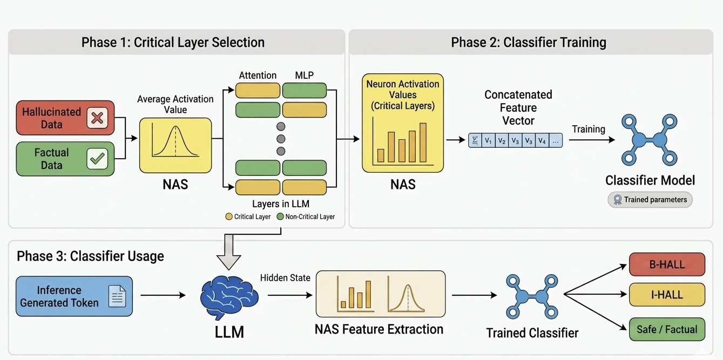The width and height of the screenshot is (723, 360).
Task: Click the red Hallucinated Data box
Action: (x=65, y=118)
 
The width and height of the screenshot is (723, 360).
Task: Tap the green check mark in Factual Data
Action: (x=97, y=158)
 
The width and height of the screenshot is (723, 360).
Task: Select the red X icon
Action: (x=97, y=118)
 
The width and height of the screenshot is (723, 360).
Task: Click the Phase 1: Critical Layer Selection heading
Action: (x=173, y=42)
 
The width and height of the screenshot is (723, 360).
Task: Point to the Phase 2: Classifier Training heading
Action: (x=529, y=42)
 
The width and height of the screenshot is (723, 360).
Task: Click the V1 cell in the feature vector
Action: (x=488, y=141)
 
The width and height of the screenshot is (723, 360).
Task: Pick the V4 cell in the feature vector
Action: (x=542, y=141)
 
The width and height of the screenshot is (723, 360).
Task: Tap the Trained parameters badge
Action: (x=650, y=200)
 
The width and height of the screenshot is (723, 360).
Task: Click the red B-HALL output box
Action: (x=667, y=264)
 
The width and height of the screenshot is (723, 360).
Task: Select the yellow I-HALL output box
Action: (x=667, y=295)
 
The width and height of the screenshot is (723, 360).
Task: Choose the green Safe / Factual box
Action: (x=667, y=329)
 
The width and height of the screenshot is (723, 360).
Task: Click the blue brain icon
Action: (x=229, y=297)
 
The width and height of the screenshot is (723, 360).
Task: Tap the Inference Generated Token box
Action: (x=74, y=296)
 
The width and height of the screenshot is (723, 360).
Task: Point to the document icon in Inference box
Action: (x=117, y=296)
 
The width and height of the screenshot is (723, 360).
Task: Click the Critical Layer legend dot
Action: (x=229, y=216)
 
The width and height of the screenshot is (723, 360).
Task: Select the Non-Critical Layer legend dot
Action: (x=280, y=216)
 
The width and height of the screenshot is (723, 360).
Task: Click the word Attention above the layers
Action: (x=258, y=76)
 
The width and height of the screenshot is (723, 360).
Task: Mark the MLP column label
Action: (x=305, y=76)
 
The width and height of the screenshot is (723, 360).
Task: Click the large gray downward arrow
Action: (x=229, y=252)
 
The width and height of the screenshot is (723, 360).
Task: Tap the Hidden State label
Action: (x=285, y=278)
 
